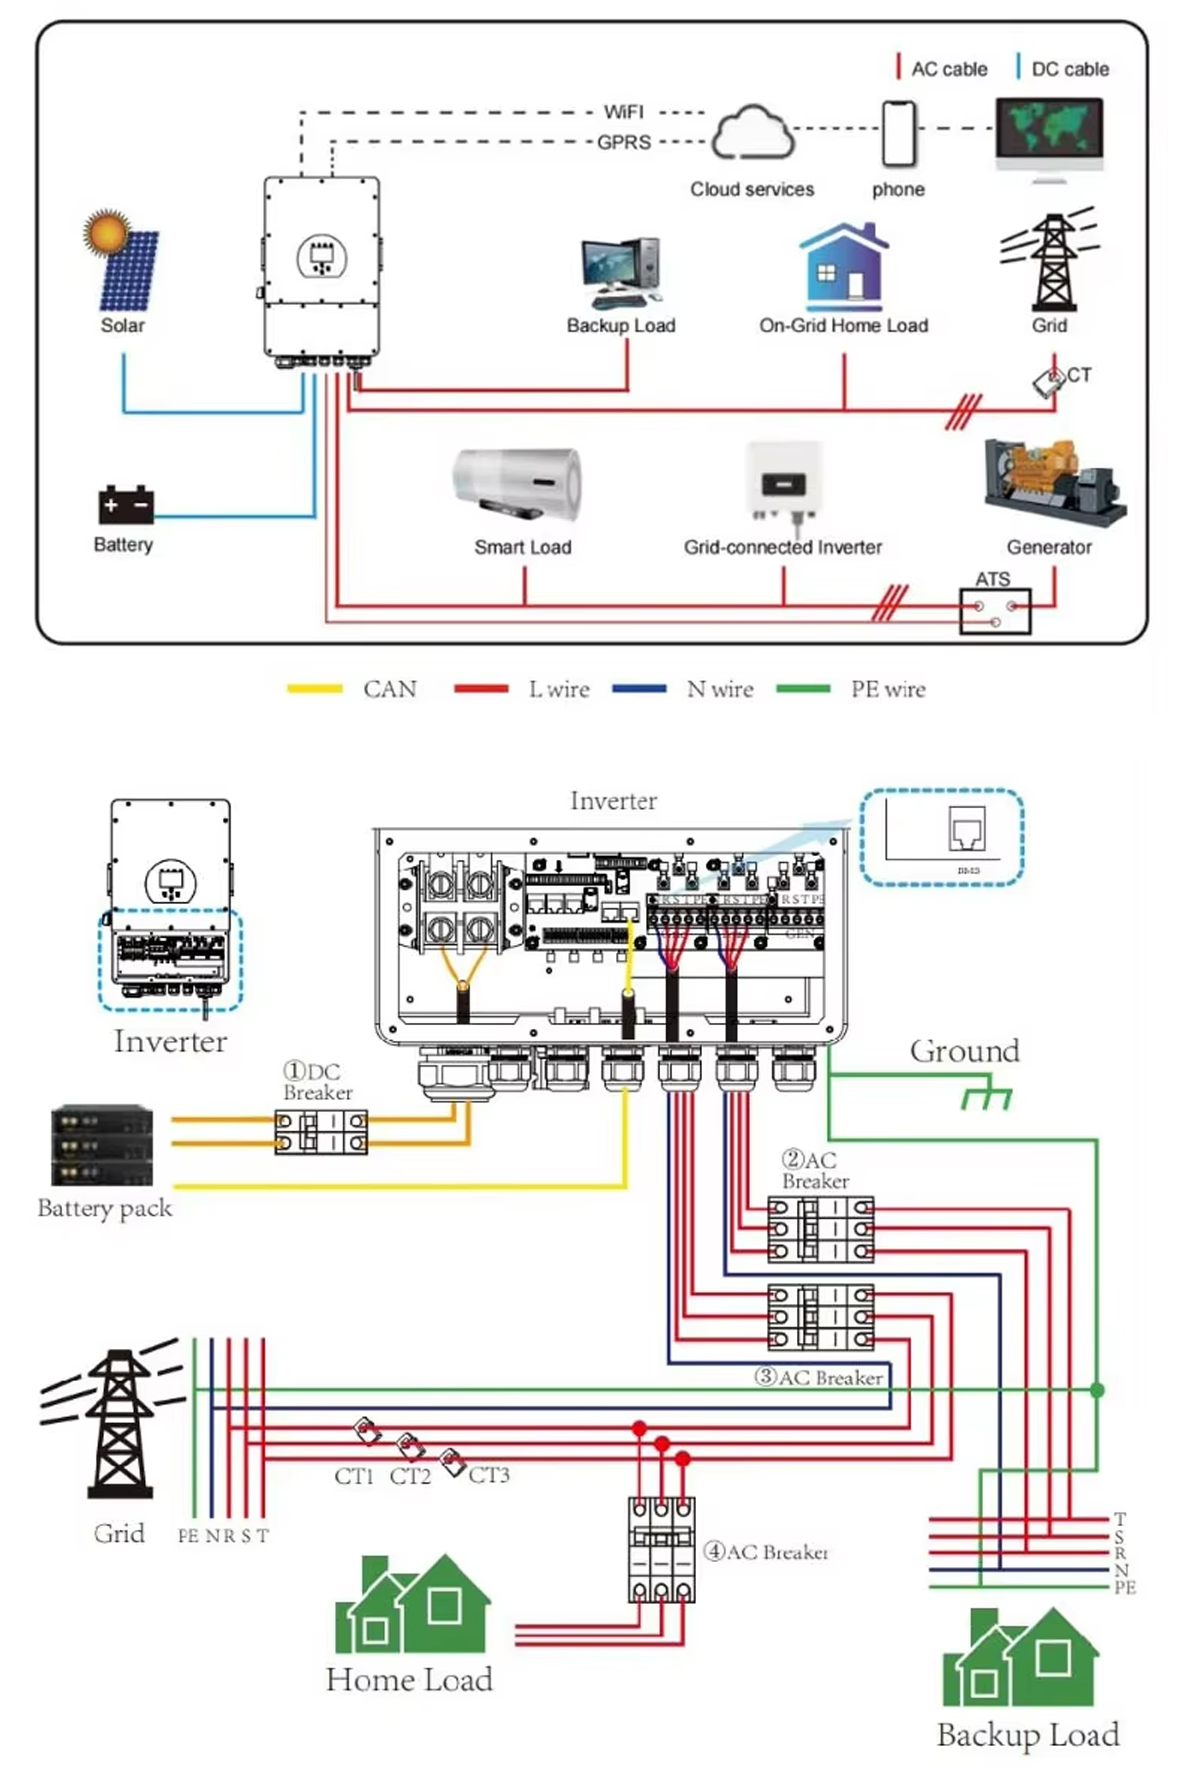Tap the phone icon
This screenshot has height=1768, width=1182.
tap(898, 134)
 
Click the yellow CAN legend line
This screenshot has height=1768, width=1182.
tap(315, 689)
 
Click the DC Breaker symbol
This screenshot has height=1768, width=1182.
tap(321, 1131)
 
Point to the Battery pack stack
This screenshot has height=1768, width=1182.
tap(102, 1145)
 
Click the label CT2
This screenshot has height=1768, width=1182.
tap(410, 1476)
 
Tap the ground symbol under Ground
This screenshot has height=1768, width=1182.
tap(986, 1097)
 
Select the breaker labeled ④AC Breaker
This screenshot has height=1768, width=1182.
tap(661, 1550)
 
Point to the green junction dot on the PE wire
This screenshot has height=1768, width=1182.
tap(1097, 1390)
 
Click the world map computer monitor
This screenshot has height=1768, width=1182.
tap(1050, 136)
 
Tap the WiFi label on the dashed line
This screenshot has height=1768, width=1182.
tap(624, 112)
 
